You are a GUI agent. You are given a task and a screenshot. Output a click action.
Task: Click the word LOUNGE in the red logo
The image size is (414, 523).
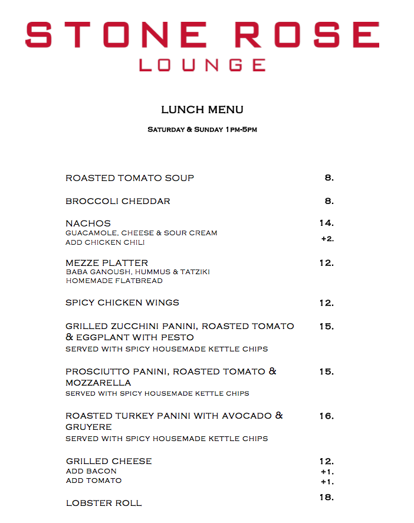pyautogui.click(x=202, y=64)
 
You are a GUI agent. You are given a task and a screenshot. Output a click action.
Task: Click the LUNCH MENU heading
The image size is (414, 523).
pyautogui.click(x=202, y=110)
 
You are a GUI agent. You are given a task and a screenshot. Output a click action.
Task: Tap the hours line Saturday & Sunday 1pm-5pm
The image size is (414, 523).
pyautogui.click(x=202, y=129)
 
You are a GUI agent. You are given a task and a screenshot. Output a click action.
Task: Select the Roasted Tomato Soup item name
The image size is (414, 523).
pyautogui.click(x=130, y=178)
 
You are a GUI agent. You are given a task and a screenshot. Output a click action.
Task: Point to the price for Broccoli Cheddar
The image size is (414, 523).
pyautogui.click(x=329, y=201)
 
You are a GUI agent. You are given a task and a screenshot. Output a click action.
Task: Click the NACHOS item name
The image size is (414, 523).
pyautogui.click(x=88, y=223)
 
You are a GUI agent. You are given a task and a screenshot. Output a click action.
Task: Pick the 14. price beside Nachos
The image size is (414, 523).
pyautogui.click(x=327, y=223)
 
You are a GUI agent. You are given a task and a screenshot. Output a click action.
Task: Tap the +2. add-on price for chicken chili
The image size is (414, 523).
pyautogui.click(x=327, y=239)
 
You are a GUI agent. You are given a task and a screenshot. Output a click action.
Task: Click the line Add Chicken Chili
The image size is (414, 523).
pyautogui.click(x=105, y=242)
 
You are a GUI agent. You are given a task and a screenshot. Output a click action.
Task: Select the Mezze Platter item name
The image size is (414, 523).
pyautogui.click(x=107, y=263)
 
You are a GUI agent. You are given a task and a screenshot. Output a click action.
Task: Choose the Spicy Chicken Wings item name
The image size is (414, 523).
pyautogui.click(x=122, y=302)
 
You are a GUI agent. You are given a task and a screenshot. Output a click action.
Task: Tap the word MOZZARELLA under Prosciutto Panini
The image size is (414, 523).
pyautogui.click(x=98, y=383)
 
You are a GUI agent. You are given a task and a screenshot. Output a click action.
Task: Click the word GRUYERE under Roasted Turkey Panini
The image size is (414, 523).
pyautogui.click(x=88, y=427)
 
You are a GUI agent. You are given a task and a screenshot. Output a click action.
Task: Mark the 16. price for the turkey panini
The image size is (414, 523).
pyautogui.click(x=327, y=416)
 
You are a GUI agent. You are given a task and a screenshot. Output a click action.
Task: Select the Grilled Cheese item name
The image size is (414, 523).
pyautogui.click(x=109, y=461)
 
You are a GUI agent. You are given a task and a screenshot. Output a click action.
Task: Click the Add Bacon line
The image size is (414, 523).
pyautogui.click(x=91, y=471)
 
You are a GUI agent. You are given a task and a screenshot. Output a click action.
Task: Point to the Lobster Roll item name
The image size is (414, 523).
pyautogui.click(x=104, y=503)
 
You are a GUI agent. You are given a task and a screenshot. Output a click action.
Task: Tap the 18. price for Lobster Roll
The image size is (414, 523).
pyautogui.click(x=327, y=498)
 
